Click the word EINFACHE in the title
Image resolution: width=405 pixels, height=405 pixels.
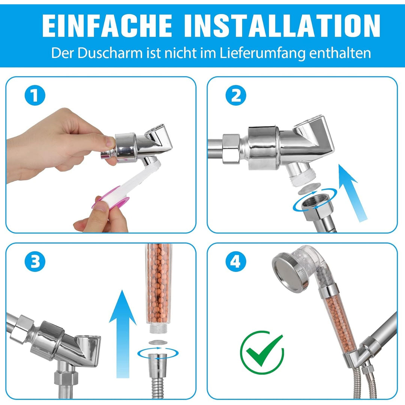(x=107, y=25)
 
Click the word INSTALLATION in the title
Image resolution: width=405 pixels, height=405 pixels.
(x=282, y=25)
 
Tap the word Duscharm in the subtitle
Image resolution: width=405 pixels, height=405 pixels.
(x=110, y=53)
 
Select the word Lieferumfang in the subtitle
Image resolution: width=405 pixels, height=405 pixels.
(x=262, y=53)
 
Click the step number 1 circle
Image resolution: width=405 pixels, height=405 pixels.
(x=35, y=95)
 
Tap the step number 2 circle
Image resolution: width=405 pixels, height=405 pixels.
(x=236, y=95)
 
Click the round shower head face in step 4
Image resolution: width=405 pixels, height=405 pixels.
(x=289, y=273)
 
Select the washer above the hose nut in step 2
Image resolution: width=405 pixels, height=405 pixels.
(x=309, y=189)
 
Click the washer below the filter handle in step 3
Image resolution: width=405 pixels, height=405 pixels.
(x=158, y=342)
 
